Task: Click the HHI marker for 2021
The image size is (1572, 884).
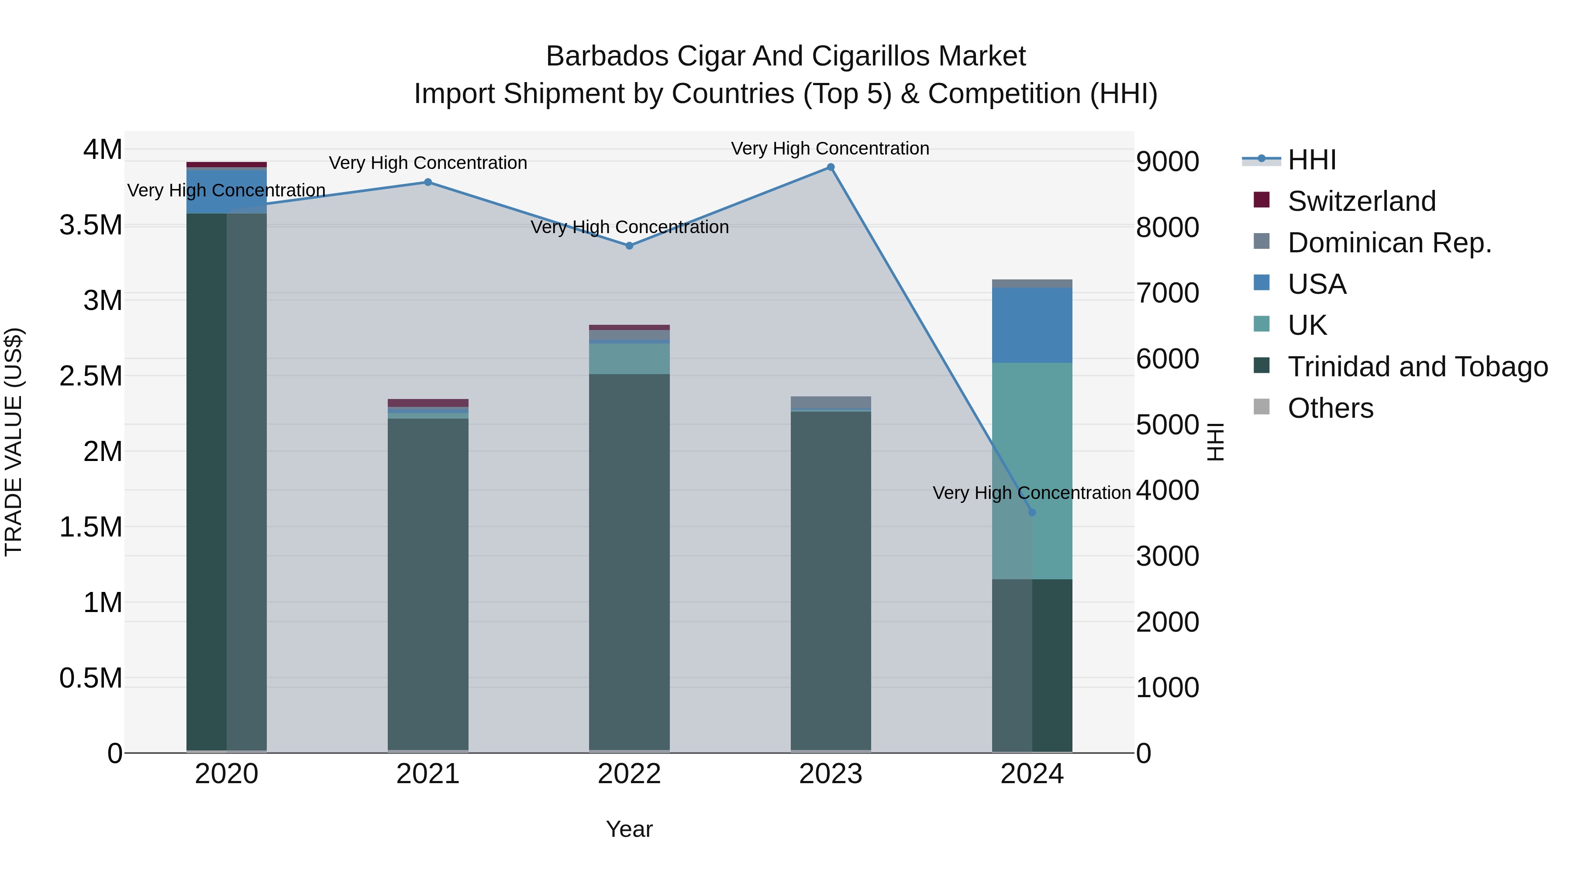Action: [428, 182]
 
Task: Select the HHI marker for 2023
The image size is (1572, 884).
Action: [831, 167]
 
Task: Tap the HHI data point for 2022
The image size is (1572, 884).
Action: [629, 246]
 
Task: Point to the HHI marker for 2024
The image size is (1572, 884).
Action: [1032, 513]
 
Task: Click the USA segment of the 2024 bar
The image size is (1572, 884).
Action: [1032, 325]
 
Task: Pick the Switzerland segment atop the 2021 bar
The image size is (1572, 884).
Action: [428, 402]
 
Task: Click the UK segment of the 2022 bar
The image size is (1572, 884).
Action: [629, 359]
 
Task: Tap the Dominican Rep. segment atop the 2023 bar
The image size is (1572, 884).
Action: [831, 402]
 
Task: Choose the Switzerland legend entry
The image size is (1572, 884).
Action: [1361, 201]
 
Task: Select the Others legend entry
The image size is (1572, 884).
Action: [1331, 408]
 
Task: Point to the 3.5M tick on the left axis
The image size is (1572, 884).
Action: [90, 225]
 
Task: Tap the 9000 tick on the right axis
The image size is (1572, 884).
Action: [1167, 162]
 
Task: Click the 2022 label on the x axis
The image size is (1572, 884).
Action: [629, 774]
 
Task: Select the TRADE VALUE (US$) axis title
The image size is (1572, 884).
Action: [14, 442]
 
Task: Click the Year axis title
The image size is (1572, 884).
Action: [629, 829]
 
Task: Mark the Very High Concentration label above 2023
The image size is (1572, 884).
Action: [830, 148]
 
